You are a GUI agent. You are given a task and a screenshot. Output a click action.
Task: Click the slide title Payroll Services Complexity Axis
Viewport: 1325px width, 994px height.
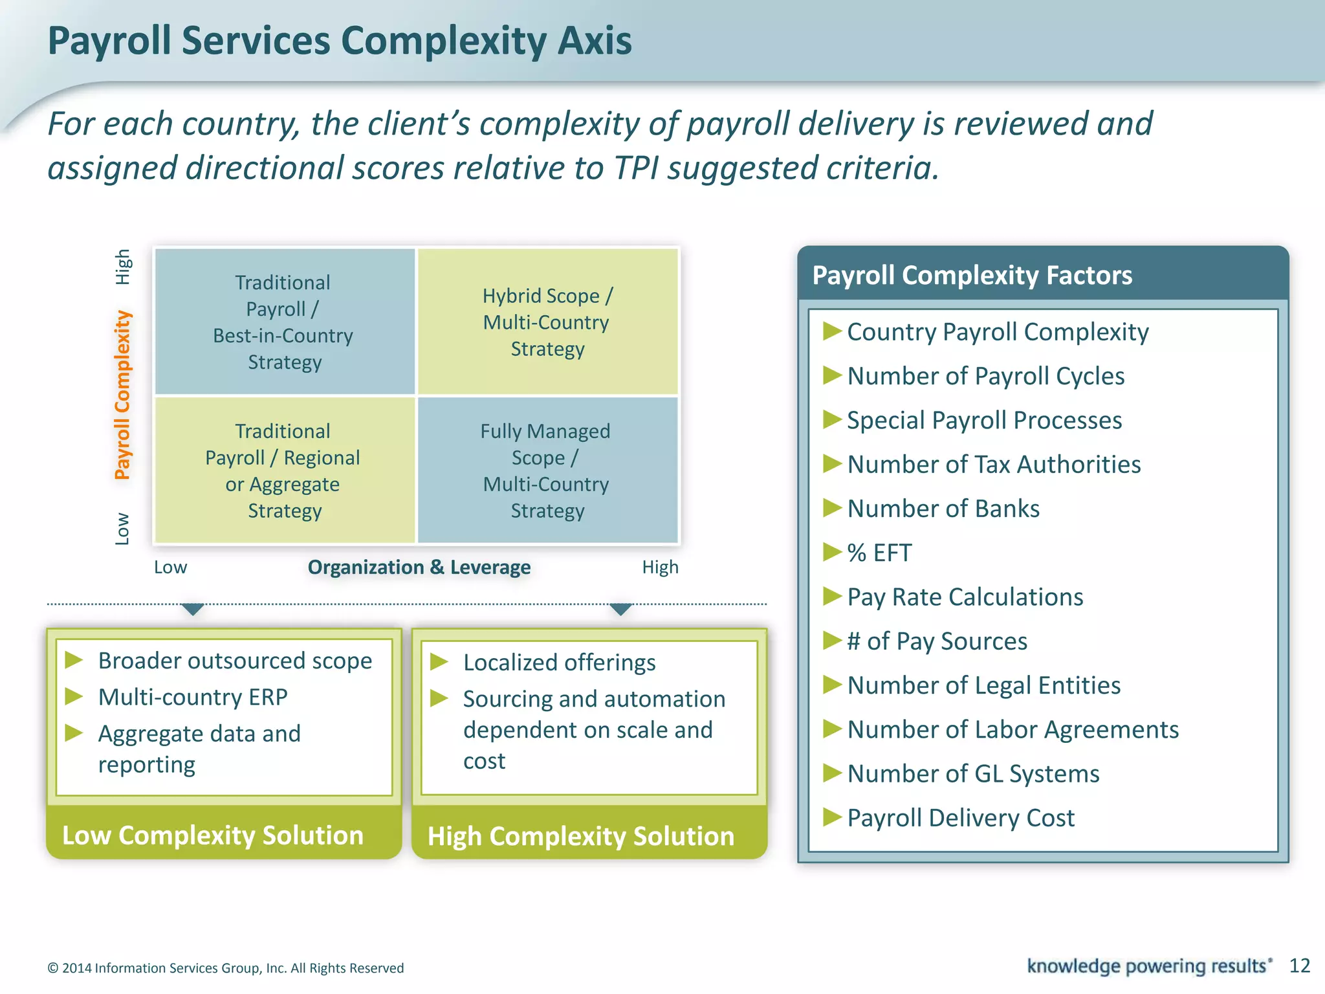tap(340, 41)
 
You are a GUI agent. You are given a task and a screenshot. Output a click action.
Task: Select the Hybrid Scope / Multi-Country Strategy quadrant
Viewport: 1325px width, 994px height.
tap(547, 322)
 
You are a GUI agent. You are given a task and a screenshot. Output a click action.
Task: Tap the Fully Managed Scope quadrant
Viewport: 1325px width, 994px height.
tap(547, 470)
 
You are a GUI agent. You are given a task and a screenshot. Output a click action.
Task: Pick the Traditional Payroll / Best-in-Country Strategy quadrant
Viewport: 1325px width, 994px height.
tap(284, 322)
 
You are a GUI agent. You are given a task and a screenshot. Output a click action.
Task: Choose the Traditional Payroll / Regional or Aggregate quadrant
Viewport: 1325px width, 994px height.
tap(284, 470)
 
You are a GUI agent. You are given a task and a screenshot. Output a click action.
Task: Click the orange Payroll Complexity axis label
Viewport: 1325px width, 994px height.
tap(122, 395)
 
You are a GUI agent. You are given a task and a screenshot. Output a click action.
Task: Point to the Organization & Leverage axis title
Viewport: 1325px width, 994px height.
tap(419, 567)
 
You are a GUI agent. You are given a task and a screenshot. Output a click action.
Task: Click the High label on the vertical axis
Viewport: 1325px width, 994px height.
tap(122, 267)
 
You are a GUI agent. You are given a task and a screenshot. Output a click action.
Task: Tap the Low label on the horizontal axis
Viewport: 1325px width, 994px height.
tap(170, 567)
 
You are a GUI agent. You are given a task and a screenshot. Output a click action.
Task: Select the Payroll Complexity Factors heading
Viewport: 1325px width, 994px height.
tap(972, 275)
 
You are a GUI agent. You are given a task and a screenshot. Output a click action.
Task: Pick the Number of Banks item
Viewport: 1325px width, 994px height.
tap(943, 509)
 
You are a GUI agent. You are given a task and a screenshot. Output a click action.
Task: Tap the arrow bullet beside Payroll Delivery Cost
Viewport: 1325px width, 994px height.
tap(831, 817)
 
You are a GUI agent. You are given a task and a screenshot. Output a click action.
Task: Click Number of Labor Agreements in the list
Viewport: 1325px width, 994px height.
tap(1013, 729)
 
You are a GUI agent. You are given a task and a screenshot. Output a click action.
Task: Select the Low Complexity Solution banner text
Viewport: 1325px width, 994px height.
tap(212, 835)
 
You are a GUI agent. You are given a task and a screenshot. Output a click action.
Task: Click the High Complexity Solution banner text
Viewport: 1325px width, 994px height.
tap(580, 836)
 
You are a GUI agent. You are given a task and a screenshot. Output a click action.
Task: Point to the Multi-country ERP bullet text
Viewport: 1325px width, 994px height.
tap(193, 697)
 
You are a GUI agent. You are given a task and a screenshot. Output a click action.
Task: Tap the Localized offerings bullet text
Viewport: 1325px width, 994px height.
tap(559, 663)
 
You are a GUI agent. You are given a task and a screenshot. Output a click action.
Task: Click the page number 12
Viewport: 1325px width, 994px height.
tap(1299, 966)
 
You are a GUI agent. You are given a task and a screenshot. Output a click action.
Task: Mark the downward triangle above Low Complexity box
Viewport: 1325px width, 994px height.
tap(193, 609)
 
